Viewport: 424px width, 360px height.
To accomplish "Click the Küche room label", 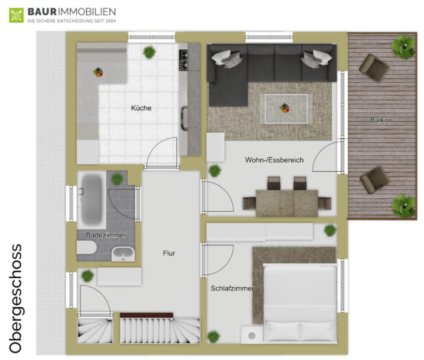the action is pyautogui.click(x=141, y=108).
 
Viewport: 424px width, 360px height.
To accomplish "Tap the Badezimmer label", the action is pyautogui.click(x=106, y=236).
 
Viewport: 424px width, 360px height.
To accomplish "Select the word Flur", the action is pyautogui.click(x=169, y=253).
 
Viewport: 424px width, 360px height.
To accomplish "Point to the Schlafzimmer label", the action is pyautogui.click(x=232, y=288).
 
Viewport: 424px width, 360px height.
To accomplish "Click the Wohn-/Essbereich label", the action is pyautogui.click(x=274, y=160).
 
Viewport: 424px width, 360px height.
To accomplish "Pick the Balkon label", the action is pyautogui.click(x=381, y=120).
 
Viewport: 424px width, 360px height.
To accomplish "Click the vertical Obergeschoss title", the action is pyautogui.click(x=16, y=298).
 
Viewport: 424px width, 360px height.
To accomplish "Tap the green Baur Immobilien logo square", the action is pyautogui.click(x=16, y=15).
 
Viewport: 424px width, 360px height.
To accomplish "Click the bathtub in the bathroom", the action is pyautogui.click(x=91, y=200).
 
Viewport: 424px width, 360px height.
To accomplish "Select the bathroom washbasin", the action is pyautogui.click(x=123, y=254).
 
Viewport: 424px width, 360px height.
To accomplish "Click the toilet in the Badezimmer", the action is pyautogui.click(x=87, y=248).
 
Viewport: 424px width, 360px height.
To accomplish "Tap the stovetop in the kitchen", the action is pyautogui.click(x=183, y=60).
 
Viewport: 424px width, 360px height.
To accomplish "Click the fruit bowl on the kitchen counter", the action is pyautogui.click(x=98, y=72).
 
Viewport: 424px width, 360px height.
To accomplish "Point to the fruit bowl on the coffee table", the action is pyautogui.click(x=284, y=108).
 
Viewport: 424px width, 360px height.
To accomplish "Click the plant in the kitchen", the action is pyautogui.click(x=149, y=52).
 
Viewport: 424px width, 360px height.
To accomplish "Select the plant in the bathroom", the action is pyautogui.click(x=117, y=179).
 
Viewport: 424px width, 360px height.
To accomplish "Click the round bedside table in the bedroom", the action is pyautogui.click(x=252, y=336).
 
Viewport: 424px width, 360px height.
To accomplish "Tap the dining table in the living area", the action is pyautogui.click(x=287, y=203).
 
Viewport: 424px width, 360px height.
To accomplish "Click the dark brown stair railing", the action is pyautogui.click(x=147, y=315).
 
